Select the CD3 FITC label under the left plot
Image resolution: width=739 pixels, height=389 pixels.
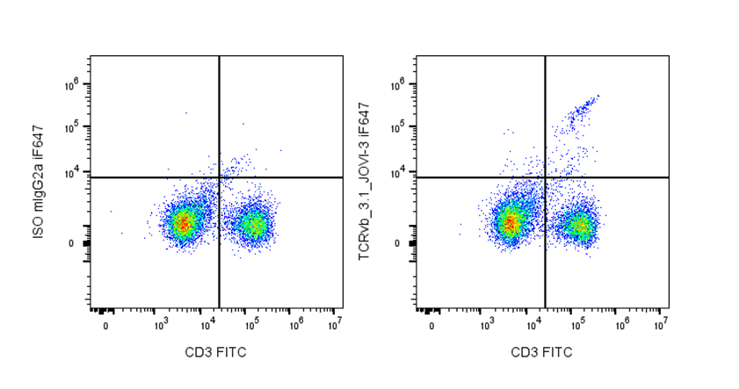(x=215, y=353)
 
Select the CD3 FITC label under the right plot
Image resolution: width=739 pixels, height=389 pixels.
(x=541, y=353)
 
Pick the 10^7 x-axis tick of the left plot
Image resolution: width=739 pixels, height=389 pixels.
(x=336, y=326)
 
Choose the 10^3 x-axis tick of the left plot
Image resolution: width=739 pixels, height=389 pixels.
(x=161, y=326)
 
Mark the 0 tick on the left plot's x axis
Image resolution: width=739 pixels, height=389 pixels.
(x=106, y=326)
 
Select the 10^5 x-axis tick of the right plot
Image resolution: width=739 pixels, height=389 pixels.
(x=577, y=326)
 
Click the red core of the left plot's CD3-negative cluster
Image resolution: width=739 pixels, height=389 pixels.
(x=183, y=223)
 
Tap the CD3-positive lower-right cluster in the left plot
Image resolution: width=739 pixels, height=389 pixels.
(x=253, y=225)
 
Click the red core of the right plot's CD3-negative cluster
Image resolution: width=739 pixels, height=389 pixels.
(x=509, y=223)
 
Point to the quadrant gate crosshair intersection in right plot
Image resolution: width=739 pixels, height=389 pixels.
(x=546, y=177)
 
